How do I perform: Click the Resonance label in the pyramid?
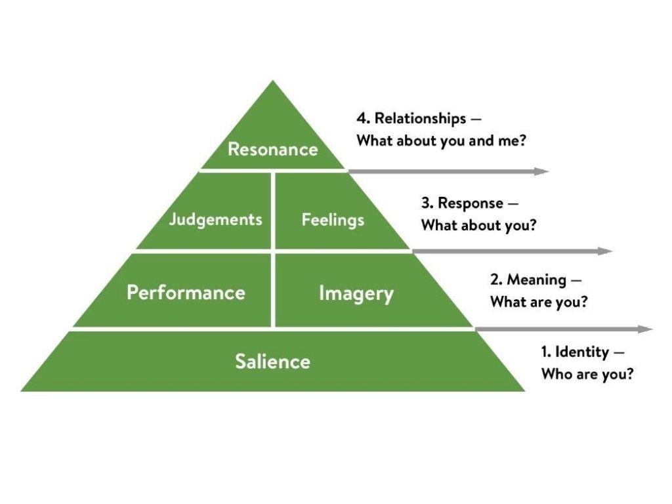click(x=272, y=149)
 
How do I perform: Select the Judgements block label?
click(x=216, y=219)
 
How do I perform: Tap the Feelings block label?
click(x=333, y=220)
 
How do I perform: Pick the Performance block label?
click(x=186, y=292)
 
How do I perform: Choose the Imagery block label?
click(x=356, y=293)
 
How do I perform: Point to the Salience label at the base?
click(x=272, y=361)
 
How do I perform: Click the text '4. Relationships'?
click(x=411, y=119)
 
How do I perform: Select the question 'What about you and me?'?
click(x=441, y=140)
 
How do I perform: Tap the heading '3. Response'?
click(x=462, y=203)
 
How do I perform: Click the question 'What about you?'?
click(x=479, y=225)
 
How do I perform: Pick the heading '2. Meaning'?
click(x=528, y=280)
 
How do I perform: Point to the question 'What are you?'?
click(x=539, y=303)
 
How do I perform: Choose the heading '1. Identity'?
click(x=575, y=352)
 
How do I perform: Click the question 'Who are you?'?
click(x=587, y=374)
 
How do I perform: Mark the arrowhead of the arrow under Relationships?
click(x=542, y=172)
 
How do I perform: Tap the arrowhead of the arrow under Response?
click(x=606, y=251)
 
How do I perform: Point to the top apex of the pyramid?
click(x=273, y=82)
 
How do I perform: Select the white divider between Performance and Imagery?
click(x=273, y=290)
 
